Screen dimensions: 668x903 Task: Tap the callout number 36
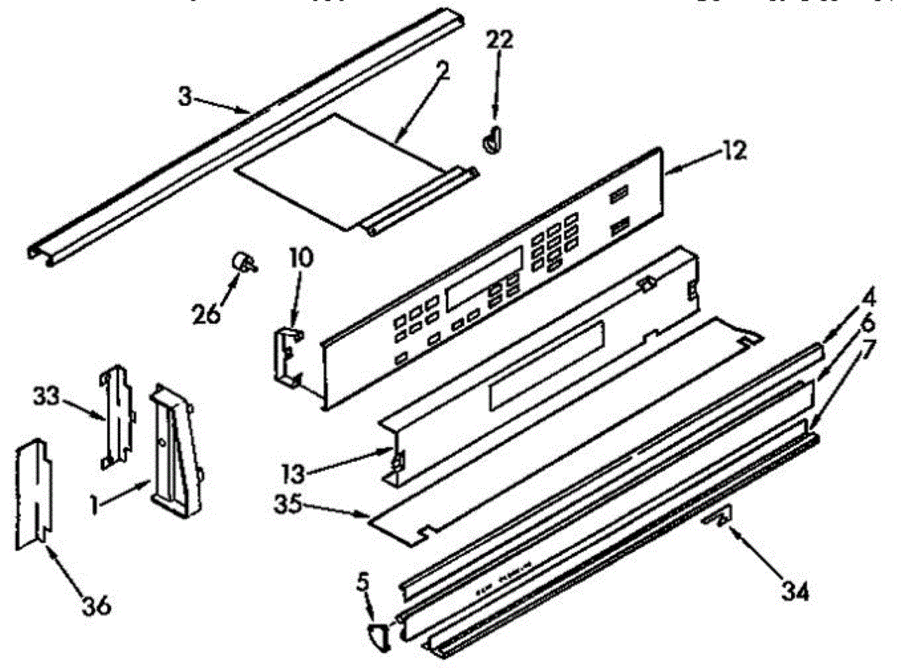point(96,603)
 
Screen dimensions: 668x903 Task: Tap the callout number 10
point(299,260)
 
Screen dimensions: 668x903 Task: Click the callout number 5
point(363,581)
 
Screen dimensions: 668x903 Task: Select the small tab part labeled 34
point(718,521)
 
